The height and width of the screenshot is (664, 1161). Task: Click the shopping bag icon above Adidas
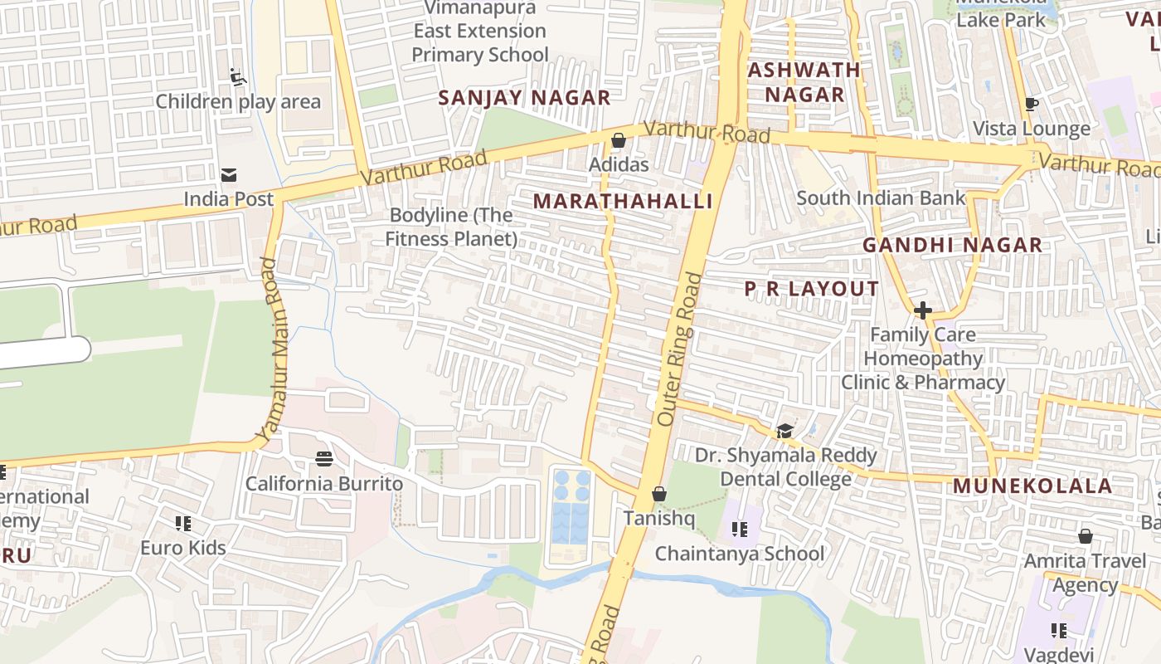pyautogui.click(x=618, y=140)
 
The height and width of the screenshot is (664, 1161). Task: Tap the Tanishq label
pyautogui.click(x=659, y=518)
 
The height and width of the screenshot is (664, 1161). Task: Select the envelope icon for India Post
pyautogui.click(x=228, y=175)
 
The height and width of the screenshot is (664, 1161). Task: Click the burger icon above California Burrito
pyautogui.click(x=324, y=459)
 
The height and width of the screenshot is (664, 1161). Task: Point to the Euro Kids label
pyautogui.click(x=182, y=548)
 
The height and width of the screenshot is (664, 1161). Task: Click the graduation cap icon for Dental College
pyautogui.click(x=785, y=431)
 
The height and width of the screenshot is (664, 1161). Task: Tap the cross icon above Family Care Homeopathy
pyautogui.click(x=922, y=310)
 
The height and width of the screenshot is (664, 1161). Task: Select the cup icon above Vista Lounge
pyautogui.click(x=1031, y=105)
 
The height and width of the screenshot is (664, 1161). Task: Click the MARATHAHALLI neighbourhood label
pyautogui.click(x=623, y=202)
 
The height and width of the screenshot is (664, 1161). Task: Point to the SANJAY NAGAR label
pyautogui.click(x=524, y=98)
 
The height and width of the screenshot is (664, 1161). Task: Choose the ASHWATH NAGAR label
pyautogui.click(x=804, y=82)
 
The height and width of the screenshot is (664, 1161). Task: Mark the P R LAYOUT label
pyautogui.click(x=811, y=289)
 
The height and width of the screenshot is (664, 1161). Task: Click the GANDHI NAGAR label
pyautogui.click(x=952, y=245)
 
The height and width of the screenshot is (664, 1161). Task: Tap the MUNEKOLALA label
pyautogui.click(x=1032, y=486)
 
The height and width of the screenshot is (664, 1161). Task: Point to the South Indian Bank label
pyautogui.click(x=881, y=198)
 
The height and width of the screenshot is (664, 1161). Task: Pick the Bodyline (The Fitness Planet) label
pyautogui.click(x=451, y=227)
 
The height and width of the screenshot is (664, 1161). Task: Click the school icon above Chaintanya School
pyautogui.click(x=740, y=529)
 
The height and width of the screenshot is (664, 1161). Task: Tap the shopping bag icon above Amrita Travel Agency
pyautogui.click(x=1085, y=537)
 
